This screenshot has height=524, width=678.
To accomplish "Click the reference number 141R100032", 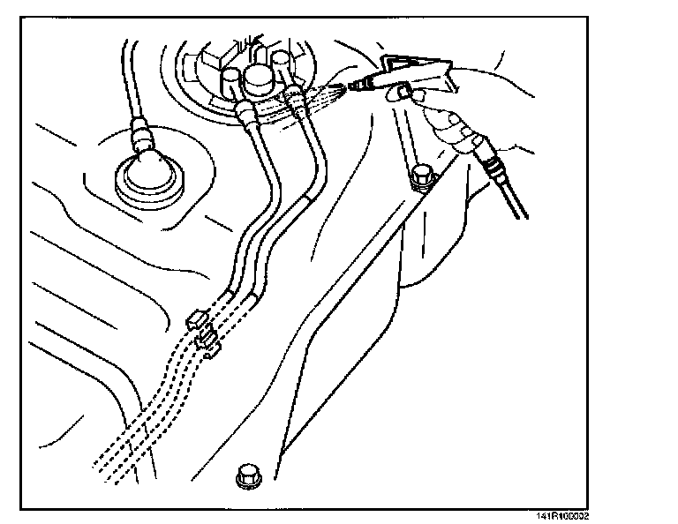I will (561, 517).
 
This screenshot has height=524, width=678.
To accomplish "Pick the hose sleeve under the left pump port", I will (248, 113).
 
